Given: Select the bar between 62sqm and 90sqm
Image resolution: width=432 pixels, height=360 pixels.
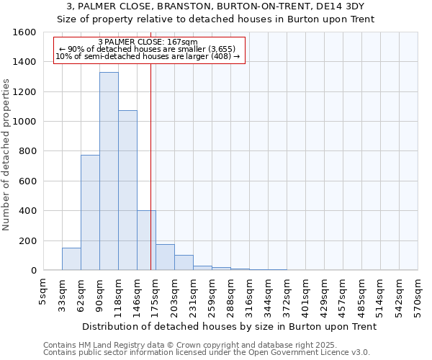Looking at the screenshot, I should click(x=90, y=212).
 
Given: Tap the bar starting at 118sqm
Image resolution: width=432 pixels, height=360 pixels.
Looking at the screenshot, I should click(x=127, y=190).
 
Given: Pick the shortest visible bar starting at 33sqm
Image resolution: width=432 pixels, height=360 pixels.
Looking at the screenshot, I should click(x=71, y=259).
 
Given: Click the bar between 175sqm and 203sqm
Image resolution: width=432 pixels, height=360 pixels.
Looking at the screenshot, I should click(x=165, y=257).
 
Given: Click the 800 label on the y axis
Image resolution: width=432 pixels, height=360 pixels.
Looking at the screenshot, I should click(x=27, y=151).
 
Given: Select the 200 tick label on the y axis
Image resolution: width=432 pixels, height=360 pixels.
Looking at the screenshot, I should click(x=27, y=240).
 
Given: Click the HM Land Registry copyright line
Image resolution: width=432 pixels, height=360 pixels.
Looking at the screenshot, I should click(x=180, y=345).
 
